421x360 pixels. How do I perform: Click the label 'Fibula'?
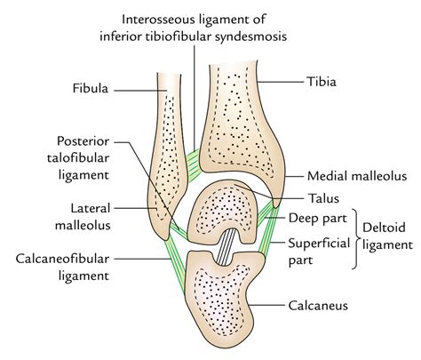point(93,89)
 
